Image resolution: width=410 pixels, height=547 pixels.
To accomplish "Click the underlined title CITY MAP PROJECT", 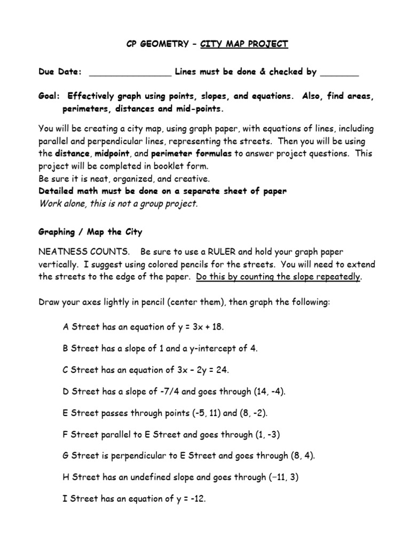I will coord(245,44).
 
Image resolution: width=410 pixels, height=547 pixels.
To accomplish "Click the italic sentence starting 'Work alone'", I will coord(118,203).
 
